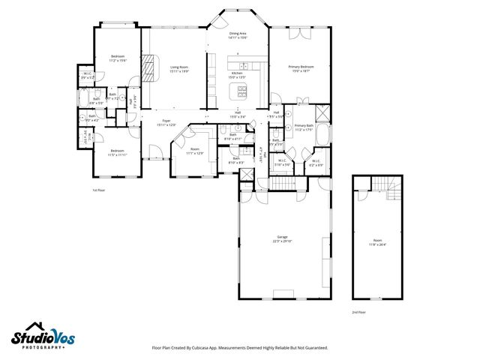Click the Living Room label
tap(178, 69)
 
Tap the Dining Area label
tap(238, 36)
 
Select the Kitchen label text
tap(238, 75)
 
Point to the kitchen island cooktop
tap(242, 93)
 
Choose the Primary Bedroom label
tap(301, 69)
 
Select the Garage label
tap(282, 240)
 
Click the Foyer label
tap(166, 123)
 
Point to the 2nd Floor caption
tap(359, 312)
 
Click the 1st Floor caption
tap(99, 190)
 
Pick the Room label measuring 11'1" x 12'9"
tap(195, 151)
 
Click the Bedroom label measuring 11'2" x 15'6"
tap(118, 58)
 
